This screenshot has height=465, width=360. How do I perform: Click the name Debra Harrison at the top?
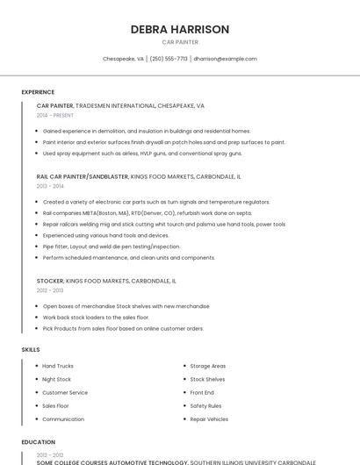pos(180,29)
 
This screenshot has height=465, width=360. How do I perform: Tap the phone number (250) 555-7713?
pos(169,59)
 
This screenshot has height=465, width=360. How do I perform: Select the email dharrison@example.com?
pos(225,59)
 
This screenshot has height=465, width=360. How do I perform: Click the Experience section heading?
pos(38,92)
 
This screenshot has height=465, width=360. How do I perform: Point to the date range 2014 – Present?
pos(55,115)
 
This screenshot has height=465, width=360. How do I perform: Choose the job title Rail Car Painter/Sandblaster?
pos(83,176)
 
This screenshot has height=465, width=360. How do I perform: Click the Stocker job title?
pos(50,281)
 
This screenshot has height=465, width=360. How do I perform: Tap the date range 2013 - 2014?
pos(50,186)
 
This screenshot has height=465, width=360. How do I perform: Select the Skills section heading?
pos(31,349)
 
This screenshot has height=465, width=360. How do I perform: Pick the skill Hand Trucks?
pos(58,366)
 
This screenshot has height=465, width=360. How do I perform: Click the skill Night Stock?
pos(56,379)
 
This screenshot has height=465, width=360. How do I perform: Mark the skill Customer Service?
pos(65,392)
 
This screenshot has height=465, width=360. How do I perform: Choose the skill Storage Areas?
pos(208,366)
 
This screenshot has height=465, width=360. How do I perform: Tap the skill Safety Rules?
pos(205,406)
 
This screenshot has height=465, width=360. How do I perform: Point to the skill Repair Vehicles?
pos(209,419)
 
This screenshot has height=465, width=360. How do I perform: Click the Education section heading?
pos(38,442)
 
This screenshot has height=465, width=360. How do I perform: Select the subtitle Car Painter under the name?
pos(180,42)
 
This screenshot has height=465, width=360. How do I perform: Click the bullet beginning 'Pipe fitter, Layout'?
pos(112,247)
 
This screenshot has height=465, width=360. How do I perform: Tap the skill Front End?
pos(202,392)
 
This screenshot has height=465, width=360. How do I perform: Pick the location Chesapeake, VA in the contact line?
pos(123,59)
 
